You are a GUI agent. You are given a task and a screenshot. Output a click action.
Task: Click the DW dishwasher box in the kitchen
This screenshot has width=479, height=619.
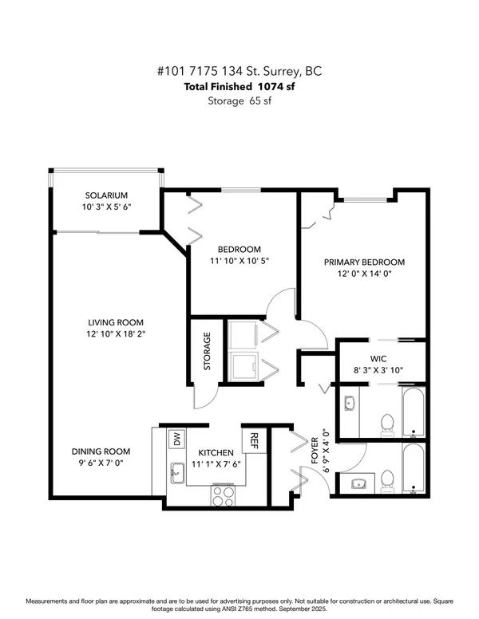(x=175, y=438)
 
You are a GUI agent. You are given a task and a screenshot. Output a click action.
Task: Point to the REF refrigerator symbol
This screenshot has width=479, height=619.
(x=254, y=440)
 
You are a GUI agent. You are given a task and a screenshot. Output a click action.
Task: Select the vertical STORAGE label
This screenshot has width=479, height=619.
(x=206, y=353)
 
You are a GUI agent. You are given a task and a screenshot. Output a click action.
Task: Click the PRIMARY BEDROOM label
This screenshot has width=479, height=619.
(x=363, y=262)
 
